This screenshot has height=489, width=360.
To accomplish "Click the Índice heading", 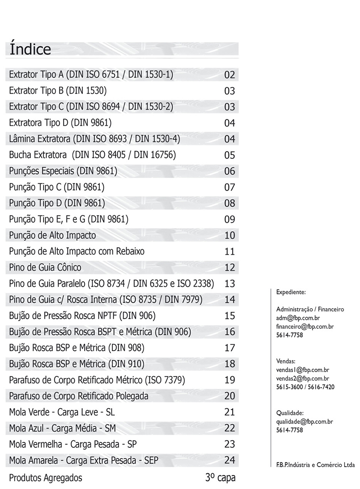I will coord(30,49).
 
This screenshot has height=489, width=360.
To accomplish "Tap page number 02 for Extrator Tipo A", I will coord(229,75).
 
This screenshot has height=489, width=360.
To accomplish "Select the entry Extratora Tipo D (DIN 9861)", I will coord(60,123).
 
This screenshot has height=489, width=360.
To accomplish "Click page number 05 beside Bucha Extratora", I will coord(229,155).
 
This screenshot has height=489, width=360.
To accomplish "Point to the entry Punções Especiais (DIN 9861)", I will coord(63,171).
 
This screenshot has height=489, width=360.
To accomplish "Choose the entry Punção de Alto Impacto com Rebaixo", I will coord(77,251).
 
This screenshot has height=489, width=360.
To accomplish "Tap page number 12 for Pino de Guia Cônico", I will coord(229,268).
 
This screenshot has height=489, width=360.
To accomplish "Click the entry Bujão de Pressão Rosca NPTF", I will coord(82,316).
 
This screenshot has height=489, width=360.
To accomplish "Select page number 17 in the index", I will coord(229,348).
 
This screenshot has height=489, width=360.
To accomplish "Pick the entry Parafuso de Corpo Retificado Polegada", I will coord(79,396).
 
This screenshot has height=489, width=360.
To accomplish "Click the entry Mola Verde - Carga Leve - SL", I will coord(62,412).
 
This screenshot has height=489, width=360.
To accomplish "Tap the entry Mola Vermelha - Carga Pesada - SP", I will coord(73,445).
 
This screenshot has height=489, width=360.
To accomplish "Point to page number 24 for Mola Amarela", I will coord(229,460).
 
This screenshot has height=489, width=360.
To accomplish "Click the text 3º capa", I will coord(220,478).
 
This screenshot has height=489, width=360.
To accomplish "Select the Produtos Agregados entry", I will coord(46,478).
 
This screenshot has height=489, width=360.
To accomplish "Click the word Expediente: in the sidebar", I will coord(291,292).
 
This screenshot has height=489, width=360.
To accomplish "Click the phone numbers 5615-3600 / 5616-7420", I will coord(305,387).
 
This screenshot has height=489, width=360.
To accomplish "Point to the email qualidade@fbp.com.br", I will coord(305,422).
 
